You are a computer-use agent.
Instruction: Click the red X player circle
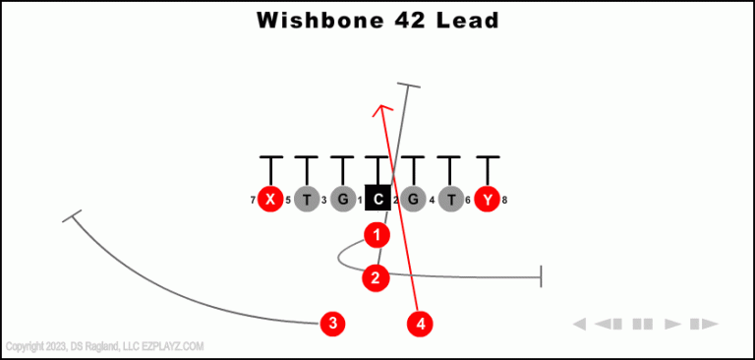click(x=270, y=200)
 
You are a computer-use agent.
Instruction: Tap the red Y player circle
click(x=487, y=200)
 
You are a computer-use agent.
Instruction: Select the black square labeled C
click(x=378, y=200)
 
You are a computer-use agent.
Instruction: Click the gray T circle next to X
click(x=307, y=200)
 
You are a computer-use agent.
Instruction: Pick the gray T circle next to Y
click(x=450, y=200)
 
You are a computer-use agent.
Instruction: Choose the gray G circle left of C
click(x=342, y=200)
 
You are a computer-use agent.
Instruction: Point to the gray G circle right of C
click(x=414, y=200)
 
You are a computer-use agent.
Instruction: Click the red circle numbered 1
click(x=377, y=235)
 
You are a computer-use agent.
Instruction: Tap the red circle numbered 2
click(x=376, y=278)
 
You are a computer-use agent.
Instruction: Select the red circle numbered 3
click(x=333, y=323)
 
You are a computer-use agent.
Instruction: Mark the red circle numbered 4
click(x=421, y=323)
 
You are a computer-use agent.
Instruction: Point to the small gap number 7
click(x=253, y=201)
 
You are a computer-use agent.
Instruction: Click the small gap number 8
click(x=504, y=201)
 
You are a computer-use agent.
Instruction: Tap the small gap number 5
click(x=288, y=201)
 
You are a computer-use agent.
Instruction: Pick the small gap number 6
click(x=468, y=201)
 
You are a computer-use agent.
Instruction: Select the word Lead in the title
click(x=467, y=20)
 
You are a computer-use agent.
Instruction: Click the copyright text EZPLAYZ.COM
click(x=173, y=346)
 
